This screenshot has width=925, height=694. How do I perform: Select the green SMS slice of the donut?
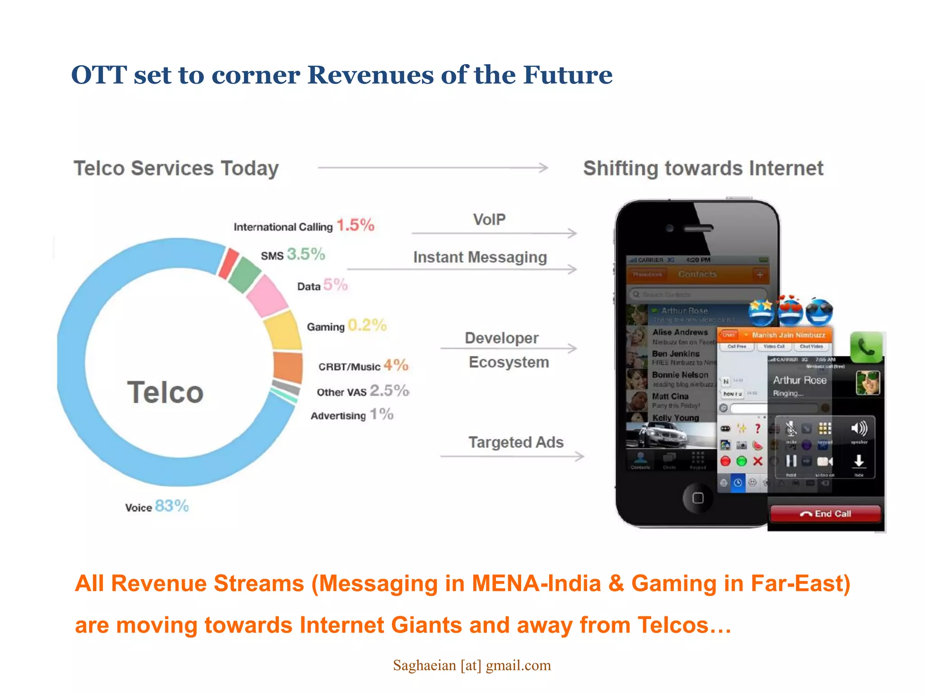[244, 274]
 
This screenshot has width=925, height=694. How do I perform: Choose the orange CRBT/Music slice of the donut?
[288, 367]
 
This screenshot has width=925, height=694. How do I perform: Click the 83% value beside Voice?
[172, 506]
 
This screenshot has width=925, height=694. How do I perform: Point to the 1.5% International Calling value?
[355, 225]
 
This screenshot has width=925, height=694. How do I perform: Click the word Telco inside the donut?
[165, 392]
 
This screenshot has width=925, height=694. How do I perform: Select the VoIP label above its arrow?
[489, 220]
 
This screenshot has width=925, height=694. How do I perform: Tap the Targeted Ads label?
[516, 442]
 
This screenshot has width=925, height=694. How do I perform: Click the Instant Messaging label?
[480, 257]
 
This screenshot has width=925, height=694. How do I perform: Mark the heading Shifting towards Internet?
[703, 168]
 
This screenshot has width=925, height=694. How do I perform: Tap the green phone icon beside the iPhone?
[866, 347]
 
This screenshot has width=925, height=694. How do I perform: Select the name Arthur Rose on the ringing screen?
[799, 380]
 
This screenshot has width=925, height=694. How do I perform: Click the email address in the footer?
[472, 665]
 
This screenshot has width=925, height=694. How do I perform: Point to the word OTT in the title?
[99, 75]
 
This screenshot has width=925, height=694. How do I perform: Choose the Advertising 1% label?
[352, 415]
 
